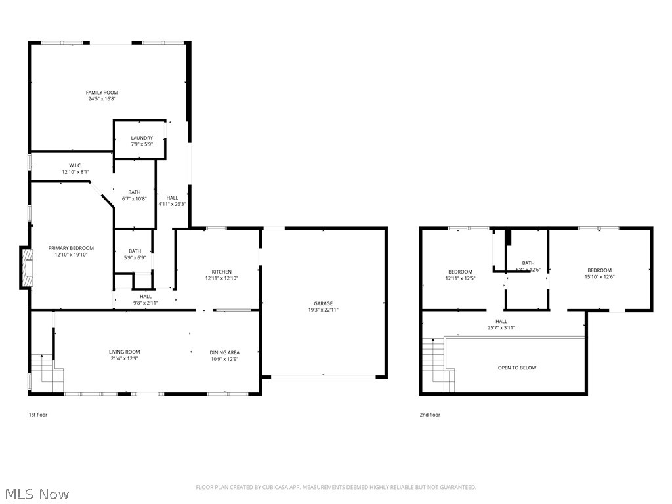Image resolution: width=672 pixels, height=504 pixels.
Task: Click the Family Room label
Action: point(102,92)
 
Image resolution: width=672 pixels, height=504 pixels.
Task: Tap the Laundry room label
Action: point(142,138)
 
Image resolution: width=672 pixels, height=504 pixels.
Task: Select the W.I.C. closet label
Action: point(75,165)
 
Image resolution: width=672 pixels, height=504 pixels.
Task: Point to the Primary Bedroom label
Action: point(71,248)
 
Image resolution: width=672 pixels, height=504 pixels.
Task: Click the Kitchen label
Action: point(221,272)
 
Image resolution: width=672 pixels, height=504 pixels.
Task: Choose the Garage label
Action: point(323,303)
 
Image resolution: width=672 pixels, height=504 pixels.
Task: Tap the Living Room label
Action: point(124,352)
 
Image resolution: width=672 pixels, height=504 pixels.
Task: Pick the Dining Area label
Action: point(224,352)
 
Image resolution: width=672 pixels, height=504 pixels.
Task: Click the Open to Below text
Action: point(517,367)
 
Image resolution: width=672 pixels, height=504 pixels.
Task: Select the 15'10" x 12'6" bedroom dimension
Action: point(599,277)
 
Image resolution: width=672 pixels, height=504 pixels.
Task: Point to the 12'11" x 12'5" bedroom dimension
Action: point(460,278)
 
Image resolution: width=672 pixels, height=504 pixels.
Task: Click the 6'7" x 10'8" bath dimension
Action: point(135,199)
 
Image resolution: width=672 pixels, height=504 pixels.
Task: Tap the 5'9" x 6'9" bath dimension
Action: point(135,257)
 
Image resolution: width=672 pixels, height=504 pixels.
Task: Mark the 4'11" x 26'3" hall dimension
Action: point(172,204)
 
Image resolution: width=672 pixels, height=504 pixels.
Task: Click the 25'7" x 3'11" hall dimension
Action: point(501,327)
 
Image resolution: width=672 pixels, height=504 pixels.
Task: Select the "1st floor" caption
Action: point(37,415)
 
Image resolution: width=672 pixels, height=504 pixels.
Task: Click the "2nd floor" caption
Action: point(430,415)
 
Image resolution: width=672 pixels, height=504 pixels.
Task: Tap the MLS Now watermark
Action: point(36,493)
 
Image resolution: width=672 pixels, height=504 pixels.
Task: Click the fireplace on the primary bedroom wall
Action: point(26,268)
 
